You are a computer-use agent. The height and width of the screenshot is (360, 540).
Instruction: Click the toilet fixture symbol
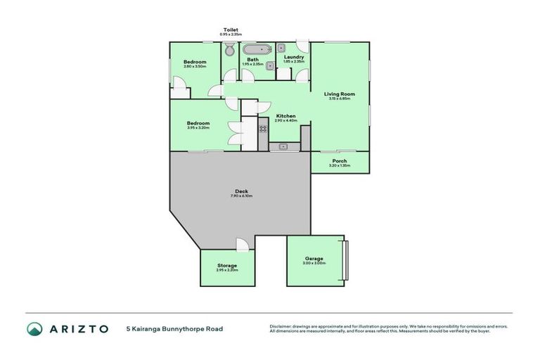pos(230,51)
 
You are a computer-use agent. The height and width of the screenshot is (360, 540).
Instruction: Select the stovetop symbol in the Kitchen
pos(263,129)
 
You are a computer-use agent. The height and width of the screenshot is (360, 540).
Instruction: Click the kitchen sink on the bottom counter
pos(283,146)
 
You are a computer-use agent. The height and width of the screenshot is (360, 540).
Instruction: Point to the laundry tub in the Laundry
pos(281,49)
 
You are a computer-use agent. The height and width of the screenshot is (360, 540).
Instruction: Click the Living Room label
pos(339,94)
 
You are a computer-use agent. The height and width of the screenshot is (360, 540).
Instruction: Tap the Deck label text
pos(240,191)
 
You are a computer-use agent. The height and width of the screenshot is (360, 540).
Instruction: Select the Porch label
pos(339,161)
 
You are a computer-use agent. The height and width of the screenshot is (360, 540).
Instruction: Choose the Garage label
pos(314,258)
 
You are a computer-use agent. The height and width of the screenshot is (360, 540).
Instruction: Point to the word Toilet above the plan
pos(231,30)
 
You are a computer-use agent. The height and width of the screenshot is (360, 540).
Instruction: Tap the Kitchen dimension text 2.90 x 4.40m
pos(285,121)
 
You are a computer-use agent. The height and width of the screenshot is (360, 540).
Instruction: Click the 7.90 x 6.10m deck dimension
pos(240,195)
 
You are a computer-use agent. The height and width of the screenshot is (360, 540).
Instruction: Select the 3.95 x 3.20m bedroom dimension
pos(198,128)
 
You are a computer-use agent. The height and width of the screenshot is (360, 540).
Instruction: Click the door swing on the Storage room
pos(242,245)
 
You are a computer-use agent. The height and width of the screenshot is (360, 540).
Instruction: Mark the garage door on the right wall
pos(345,259)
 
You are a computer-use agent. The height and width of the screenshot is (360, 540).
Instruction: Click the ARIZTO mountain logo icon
pos(34,328)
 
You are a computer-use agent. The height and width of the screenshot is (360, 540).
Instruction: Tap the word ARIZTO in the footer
pos(78,328)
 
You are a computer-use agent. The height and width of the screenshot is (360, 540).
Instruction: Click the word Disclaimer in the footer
pos(281,326)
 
